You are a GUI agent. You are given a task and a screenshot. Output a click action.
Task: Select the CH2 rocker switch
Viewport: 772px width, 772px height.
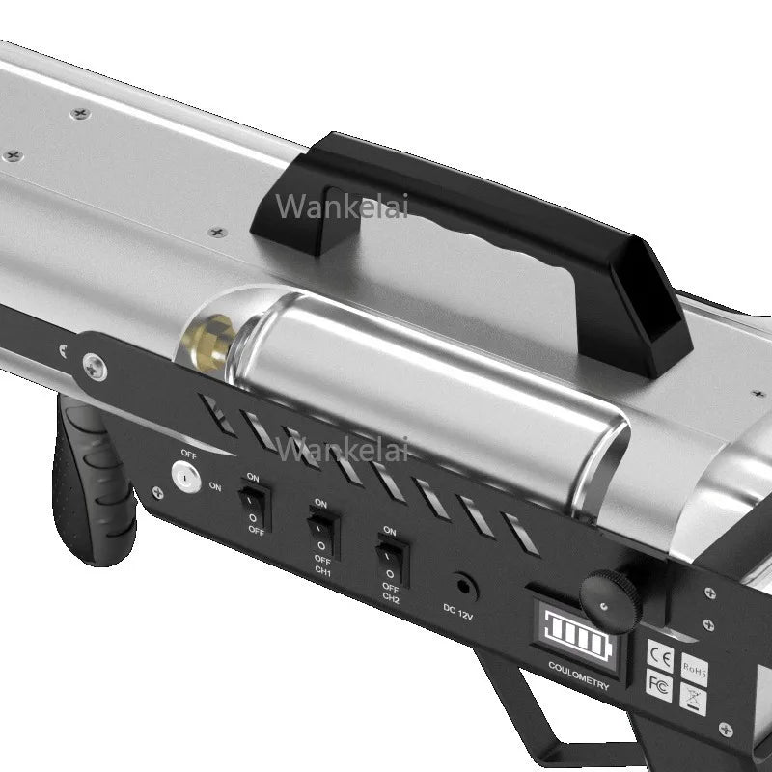click(x=392, y=559)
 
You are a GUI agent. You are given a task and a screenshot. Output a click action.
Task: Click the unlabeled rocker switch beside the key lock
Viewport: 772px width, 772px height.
click(x=256, y=504)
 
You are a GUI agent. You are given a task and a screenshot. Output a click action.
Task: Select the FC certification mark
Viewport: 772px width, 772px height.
click(x=659, y=684)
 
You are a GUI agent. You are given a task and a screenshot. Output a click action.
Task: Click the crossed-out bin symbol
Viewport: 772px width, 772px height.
click(x=692, y=698)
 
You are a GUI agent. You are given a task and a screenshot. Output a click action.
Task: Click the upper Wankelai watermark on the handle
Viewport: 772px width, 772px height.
click(x=342, y=206)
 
